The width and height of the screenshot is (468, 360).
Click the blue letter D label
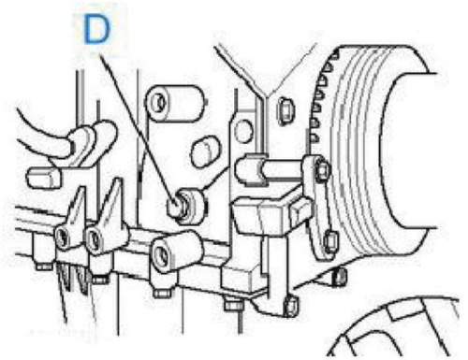(97, 30)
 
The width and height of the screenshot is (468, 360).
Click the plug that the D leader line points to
(186, 206)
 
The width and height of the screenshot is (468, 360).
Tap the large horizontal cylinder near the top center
(176, 103)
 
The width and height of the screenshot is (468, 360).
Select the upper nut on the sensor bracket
(321, 171)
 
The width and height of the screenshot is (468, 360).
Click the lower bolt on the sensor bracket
(329, 242)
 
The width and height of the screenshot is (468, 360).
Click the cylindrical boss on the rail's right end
(176, 250)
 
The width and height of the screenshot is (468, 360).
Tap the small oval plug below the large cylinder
(204, 153)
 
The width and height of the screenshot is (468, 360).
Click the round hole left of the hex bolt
(243, 131)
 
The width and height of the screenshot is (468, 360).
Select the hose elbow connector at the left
(91, 140)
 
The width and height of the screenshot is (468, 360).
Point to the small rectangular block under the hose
(44, 178)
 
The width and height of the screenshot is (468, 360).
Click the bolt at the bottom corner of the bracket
(292, 306)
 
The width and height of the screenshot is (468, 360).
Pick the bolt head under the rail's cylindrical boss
(162, 293)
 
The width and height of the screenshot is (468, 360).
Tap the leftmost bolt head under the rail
(43, 266)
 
